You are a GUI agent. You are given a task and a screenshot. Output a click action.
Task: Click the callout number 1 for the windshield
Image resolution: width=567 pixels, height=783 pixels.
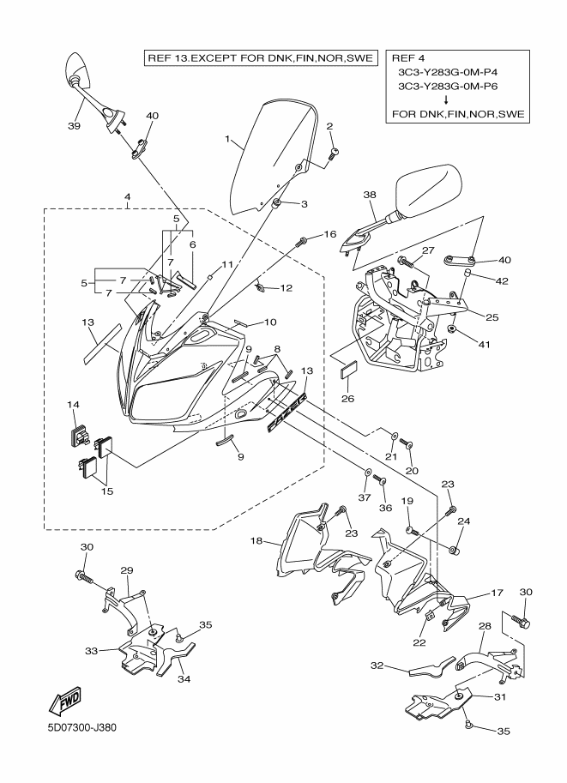(227, 138)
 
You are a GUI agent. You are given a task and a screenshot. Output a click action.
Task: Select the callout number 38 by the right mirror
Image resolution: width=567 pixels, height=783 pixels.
(370, 196)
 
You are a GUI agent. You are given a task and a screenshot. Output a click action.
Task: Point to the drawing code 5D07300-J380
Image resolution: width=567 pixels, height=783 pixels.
(82, 728)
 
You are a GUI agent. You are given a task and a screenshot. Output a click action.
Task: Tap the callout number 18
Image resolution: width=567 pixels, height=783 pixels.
(256, 542)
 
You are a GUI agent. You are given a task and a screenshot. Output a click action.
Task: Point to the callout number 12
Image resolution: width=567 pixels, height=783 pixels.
(286, 288)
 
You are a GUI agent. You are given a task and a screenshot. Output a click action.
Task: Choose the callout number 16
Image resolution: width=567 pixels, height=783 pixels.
(329, 234)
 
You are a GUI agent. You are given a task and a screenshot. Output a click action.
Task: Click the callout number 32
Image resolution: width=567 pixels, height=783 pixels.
(377, 665)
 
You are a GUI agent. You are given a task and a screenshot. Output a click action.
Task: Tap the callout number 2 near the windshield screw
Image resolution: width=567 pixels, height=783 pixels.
(329, 127)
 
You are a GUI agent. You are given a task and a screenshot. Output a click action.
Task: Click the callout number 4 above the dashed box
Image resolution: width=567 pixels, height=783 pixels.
(127, 196)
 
